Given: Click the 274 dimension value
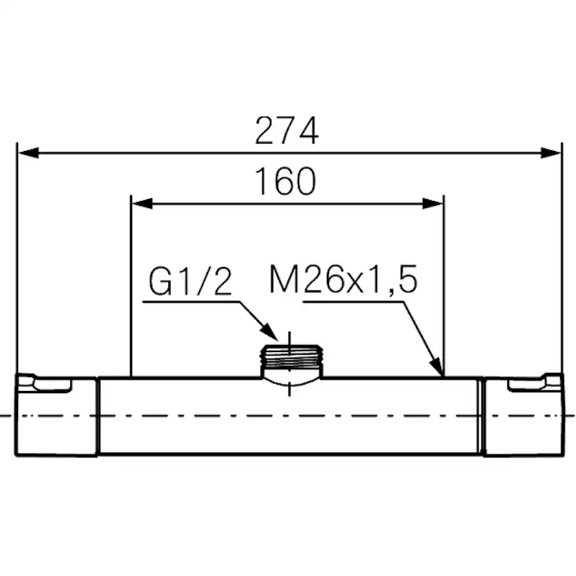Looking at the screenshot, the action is [287, 130].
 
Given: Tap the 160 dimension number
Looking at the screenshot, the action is [285, 181].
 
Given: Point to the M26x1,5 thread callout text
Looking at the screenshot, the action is [344, 280].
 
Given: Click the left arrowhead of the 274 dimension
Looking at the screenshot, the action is [28, 153].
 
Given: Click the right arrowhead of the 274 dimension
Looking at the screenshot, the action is [551, 153].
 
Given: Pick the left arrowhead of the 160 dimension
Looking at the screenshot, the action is [142, 204].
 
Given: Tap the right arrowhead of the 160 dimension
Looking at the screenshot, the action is [433, 204].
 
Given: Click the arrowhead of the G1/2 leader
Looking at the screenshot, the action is [269, 332].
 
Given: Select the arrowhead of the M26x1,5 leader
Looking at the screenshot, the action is [436, 367].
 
